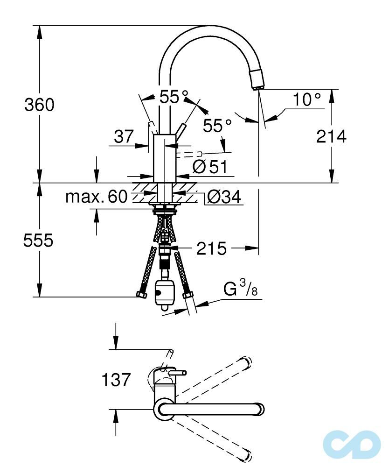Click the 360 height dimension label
pos(39,105)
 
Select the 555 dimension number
pos(39,241)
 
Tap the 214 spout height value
pos(331,137)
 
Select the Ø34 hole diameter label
pos(223,198)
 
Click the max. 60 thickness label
pos(96,197)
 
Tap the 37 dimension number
pos(124,137)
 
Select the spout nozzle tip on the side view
pos(257,80)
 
